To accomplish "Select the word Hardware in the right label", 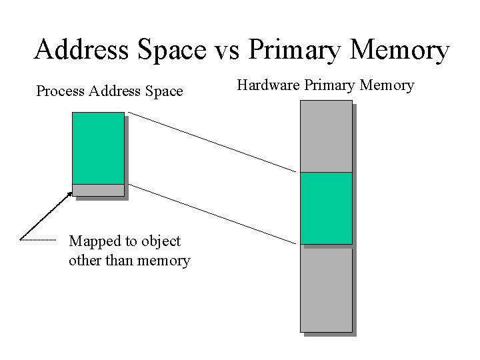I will coord(269,85).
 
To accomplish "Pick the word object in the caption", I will coord(159,241).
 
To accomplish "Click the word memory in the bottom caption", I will coord(163,260).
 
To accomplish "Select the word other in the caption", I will coord(83,260).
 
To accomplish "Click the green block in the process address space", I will coord(98,147).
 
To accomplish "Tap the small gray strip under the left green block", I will coord(98,190).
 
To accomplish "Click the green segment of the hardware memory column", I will coord(326,208).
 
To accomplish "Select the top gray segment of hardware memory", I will coord(326,136).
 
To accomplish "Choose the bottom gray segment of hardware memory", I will coord(326,288).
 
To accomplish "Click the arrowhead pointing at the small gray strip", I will coord(69,194).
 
